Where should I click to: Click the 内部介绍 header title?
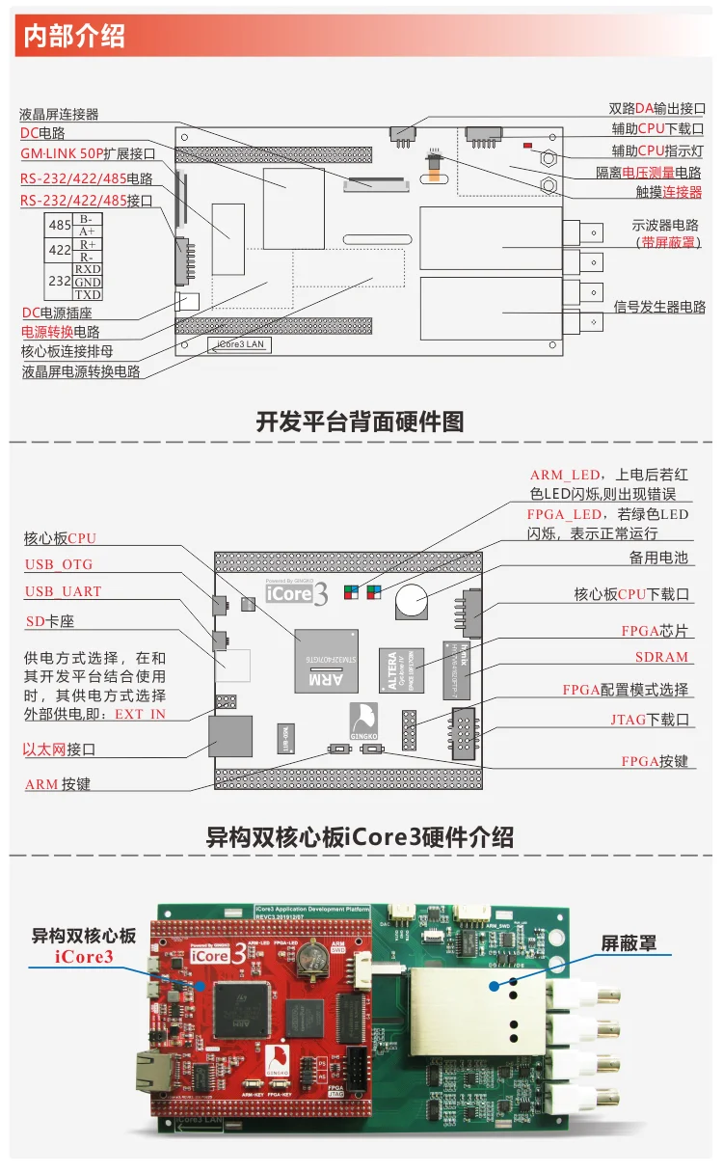point(74,37)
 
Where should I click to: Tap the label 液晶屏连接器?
point(59,114)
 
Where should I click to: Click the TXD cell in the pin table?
point(88,294)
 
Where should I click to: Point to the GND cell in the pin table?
point(88,282)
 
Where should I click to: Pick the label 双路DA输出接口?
point(656,109)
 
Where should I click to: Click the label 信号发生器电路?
point(659,307)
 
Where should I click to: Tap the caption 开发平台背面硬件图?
point(360,421)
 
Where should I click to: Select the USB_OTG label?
point(59,564)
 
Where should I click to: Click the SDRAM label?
point(661,657)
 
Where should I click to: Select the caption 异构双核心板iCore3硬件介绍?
point(360,835)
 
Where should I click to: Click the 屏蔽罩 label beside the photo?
point(629,943)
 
